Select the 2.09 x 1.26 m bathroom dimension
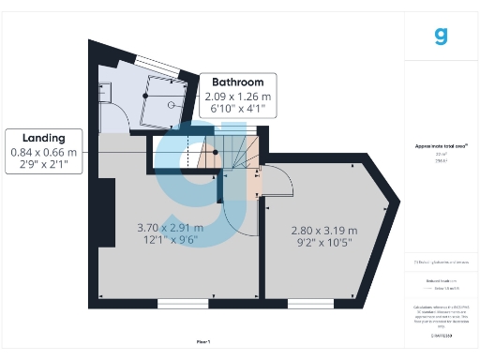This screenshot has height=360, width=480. coord(238,97)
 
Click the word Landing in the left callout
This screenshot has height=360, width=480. coord(43,138)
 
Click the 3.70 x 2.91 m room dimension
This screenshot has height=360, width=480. coord(169,227)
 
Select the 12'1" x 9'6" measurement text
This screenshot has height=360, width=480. coord(169,240)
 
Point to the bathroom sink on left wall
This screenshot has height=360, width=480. coord(105,91)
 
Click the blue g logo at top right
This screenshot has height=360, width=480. coord(442,37)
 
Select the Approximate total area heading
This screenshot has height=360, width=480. coord(441,146)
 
